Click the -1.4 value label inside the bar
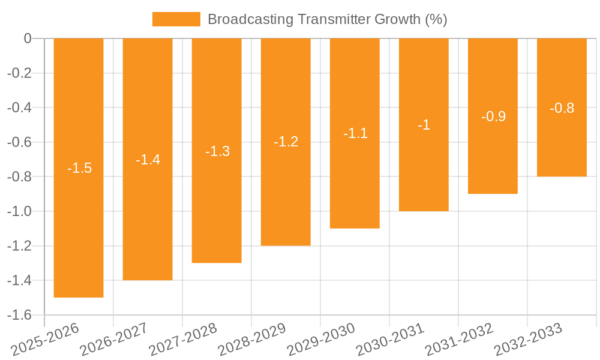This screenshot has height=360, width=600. tap(148, 160)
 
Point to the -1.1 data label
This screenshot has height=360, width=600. tap(355, 133)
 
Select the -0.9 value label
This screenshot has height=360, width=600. tap(493, 116)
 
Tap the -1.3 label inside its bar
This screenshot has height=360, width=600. tap(217, 151)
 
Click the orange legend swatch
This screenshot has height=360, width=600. tap(176, 19)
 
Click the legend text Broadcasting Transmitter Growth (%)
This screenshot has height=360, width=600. tap(327, 19)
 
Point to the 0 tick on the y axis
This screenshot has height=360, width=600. tap(28, 38)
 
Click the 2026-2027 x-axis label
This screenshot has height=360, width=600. tap(114, 340)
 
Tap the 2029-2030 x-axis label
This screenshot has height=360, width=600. tap(321, 340)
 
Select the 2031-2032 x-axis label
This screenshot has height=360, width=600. tap(459, 340)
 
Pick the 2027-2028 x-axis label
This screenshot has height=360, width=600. tap(183, 340)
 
